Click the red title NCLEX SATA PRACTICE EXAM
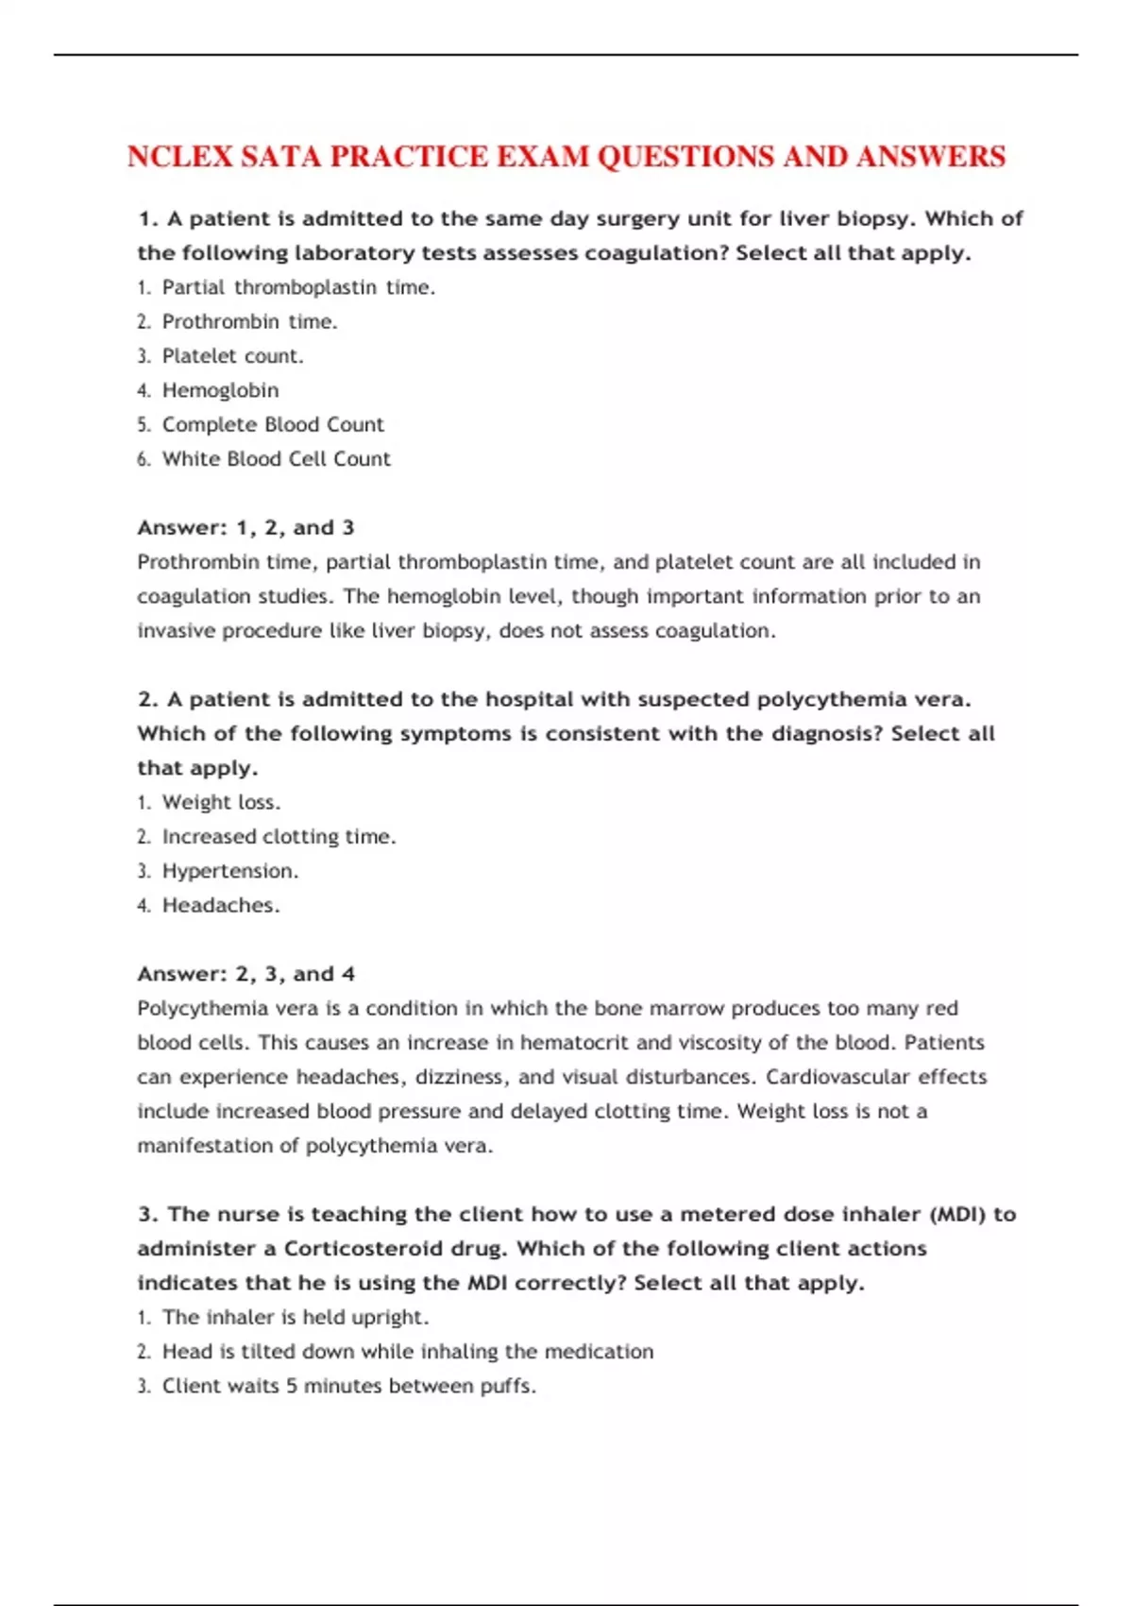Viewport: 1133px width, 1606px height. pos(566,157)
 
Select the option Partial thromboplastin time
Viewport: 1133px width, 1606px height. pos(298,287)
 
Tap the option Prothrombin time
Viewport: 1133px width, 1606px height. pos(249,322)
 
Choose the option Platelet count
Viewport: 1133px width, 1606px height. pos(232,356)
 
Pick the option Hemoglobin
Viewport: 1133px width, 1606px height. pos(220,390)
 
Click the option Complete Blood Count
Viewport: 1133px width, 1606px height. pos(273,425)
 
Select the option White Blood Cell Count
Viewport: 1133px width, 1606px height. pos(276,459)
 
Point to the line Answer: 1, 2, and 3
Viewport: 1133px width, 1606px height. pos(245,527)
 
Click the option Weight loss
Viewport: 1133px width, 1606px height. pos(221,802)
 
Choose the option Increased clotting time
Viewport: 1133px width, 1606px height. pos(279,837)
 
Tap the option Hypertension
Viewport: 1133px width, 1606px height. pos(229,871)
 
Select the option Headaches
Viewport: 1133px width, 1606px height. pos(221,905)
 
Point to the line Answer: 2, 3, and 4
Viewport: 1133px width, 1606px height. pos(245,974)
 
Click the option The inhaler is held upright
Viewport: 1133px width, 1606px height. pos(296,1317)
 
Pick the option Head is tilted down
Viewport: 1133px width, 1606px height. pos(407,1352)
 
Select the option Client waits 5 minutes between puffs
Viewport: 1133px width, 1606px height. pos(348,1386)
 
